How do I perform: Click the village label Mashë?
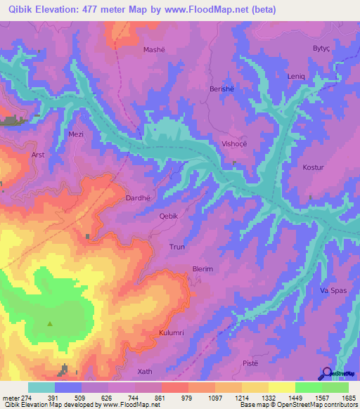pos(154,50)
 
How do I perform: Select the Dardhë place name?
pos(139,198)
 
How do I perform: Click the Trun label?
pos(176,247)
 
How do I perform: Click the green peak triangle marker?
pos(50,324)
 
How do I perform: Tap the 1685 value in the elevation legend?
pos(349,399)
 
